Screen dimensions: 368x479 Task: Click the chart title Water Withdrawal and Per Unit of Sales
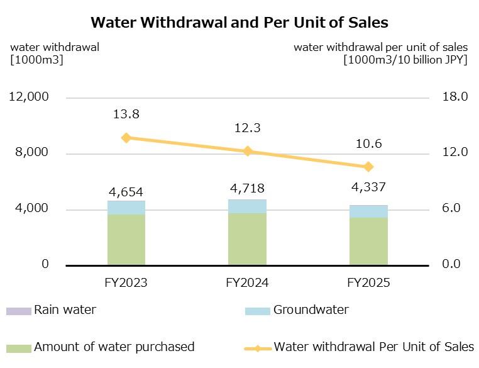[239, 23]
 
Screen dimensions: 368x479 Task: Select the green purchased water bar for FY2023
[126, 240]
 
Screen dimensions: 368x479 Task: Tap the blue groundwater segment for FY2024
[247, 206]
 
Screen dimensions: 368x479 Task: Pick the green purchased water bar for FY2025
[368, 242]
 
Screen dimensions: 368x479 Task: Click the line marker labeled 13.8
[126, 138]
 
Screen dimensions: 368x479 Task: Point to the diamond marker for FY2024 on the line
[247, 151]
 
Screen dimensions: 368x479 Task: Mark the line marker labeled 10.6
[368, 167]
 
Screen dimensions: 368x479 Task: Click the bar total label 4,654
[126, 192]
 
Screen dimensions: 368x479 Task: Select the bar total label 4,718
[247, 188]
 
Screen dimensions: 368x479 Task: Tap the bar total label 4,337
[368, 188]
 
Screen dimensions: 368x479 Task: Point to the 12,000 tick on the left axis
[28, 97]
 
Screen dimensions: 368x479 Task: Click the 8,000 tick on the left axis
[31, 153]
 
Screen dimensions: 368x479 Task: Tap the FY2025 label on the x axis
[368, 283]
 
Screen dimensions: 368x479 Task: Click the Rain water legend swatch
[18, 311]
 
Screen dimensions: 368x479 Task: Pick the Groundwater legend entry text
[311, 310]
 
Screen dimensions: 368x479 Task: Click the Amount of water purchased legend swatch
[18, 348]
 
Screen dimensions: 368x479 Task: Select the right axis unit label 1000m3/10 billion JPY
[405, 60]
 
